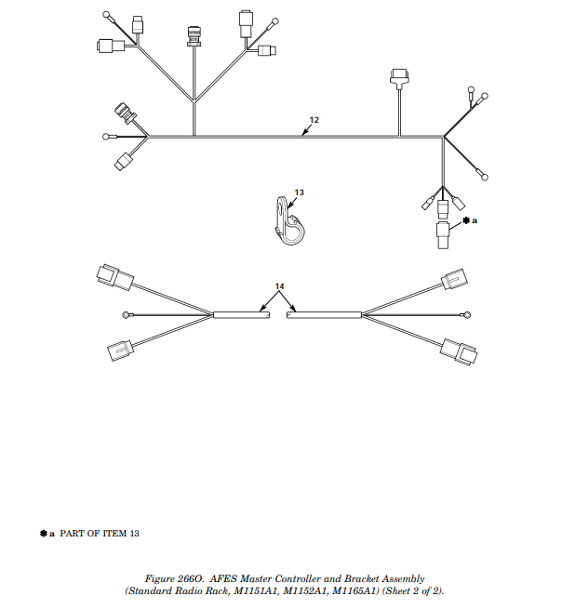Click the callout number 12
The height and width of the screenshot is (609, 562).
click(314, 120)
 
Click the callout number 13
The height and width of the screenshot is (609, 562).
click(299, 192)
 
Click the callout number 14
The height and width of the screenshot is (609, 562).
click(279, 285)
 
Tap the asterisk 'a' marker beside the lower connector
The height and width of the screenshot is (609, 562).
click(469, 220)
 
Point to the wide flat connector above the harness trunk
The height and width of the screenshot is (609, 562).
click(399, 76)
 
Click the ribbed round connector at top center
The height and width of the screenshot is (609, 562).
click(194, 33)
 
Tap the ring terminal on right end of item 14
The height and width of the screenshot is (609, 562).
click(468, 315)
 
